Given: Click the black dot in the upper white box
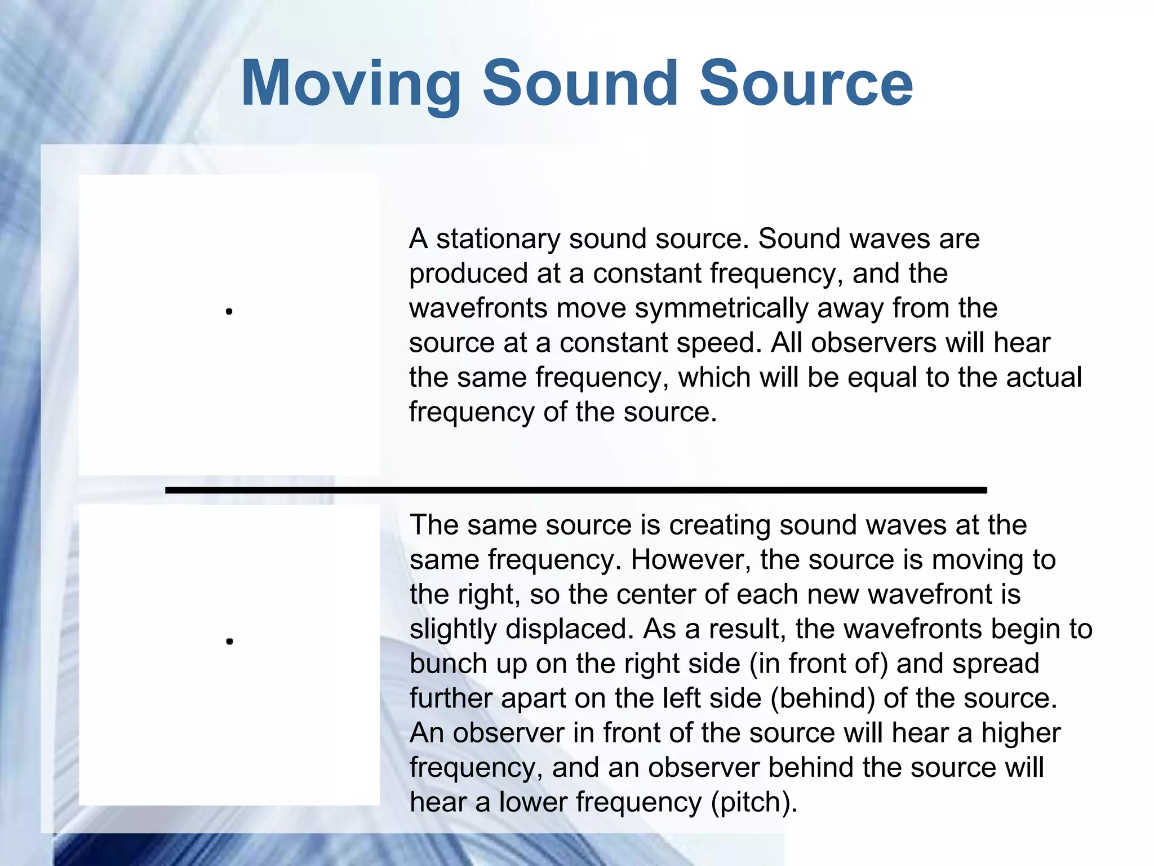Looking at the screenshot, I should (x=229, y=311).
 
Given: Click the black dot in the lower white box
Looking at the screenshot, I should (x=229, y=641).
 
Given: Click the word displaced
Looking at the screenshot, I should (x=570, y=629).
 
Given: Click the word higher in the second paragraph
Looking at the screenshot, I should (x=1020, y=733).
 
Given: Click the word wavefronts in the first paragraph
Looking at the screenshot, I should (x=478, y=308).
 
